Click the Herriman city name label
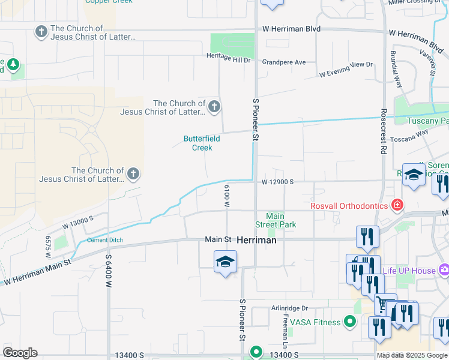[256, 239]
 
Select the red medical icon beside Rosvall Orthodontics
[397, 206]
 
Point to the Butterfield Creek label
[202, 143]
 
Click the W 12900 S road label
[277, 182]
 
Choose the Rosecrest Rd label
[382, 132]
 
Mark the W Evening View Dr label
[346, 70]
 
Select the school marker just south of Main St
[225, 262]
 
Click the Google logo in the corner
[20, 353]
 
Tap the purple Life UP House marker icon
[444, 270]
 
